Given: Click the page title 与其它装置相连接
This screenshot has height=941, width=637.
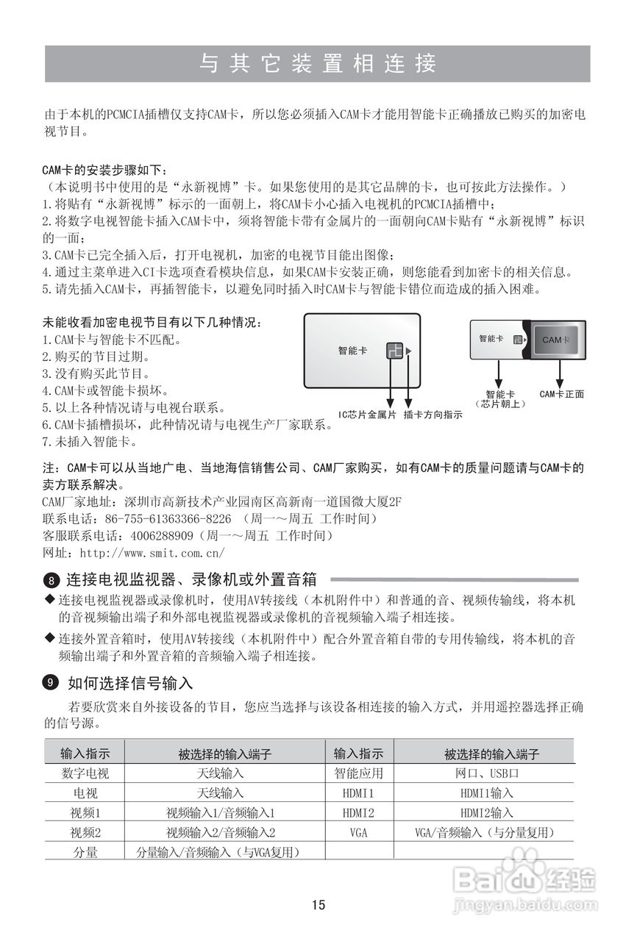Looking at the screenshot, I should click(x=318, y=64).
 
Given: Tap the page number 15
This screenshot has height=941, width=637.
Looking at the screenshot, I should click(x=318, y=905).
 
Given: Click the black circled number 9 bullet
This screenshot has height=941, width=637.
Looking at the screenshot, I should click(x=50, y=684).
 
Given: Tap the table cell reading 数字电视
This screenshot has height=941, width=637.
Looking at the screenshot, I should click(x=85, y=773).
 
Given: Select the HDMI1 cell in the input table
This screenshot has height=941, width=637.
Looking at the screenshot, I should click(x=358, y=793).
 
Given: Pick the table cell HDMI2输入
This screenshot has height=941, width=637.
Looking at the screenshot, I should click(x=486, y=813).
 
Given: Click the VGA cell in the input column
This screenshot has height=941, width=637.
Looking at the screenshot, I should click(x=358, y=833).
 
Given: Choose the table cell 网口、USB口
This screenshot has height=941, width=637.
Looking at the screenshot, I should click(x=486, y=773).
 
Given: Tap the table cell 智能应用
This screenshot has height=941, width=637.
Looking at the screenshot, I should click(x=358, y=773).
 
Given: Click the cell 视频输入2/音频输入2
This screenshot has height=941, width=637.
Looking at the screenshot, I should click(x=221, y=833).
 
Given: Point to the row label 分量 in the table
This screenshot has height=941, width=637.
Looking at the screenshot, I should click(x=85, y=853).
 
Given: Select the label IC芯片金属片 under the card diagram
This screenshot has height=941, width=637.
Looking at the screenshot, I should click(x=367, y=415).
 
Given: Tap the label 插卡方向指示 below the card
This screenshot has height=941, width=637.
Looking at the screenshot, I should click(x=433, y=415).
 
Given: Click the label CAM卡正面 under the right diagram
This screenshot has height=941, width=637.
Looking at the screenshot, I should click(x=561, y=394).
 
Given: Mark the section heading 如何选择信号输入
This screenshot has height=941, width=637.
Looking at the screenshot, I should click(x=130, y=684).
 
